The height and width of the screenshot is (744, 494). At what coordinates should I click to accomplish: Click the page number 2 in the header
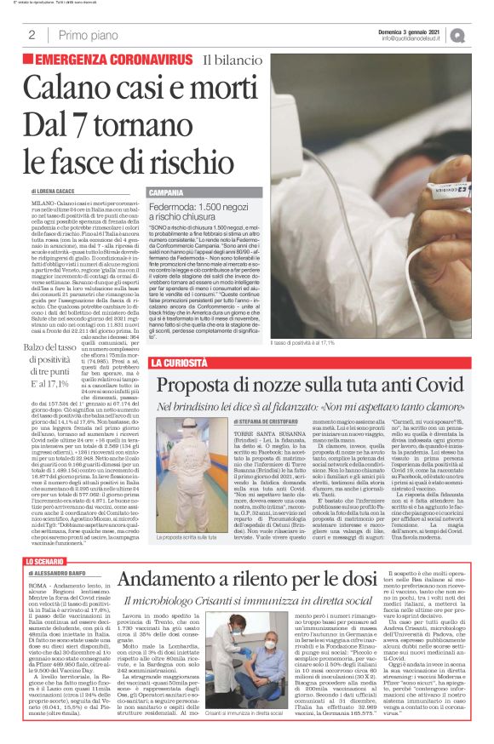pyautogui.click(x=32, y=35)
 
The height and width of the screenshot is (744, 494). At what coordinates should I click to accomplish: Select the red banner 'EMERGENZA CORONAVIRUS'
pyautogui.click(x=113, y=60)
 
